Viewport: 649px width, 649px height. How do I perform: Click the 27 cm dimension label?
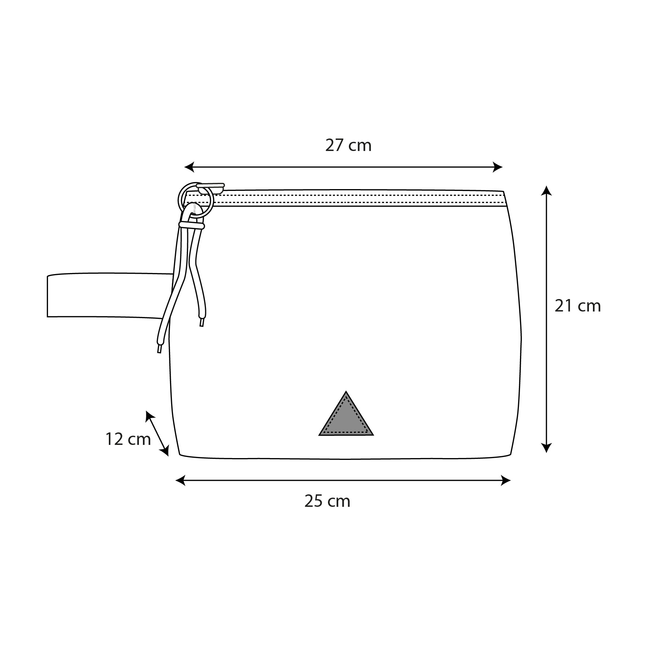(348, 145)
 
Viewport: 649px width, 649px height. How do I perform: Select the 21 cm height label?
(578, 306)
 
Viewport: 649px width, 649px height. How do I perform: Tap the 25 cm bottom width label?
(327, 501)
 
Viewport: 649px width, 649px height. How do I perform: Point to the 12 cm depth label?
(128, 439)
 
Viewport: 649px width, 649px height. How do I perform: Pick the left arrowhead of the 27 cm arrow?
(189, 167)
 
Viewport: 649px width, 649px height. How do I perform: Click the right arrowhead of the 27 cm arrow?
(498, 167)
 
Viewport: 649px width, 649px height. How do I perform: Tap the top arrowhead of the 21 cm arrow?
(546, 191)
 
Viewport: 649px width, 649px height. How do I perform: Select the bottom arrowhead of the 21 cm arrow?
(546, 448)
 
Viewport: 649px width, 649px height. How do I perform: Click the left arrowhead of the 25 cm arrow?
(181, 480)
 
